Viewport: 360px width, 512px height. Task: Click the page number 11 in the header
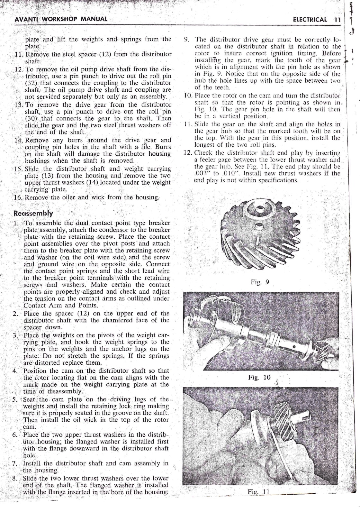click(x=337, y=19)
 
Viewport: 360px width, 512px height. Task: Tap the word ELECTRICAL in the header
click(x=310, y=19)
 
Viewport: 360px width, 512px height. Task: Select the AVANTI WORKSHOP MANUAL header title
click(x=61, y=18)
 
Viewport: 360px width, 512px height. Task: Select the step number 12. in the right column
click(x=188, y=152)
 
